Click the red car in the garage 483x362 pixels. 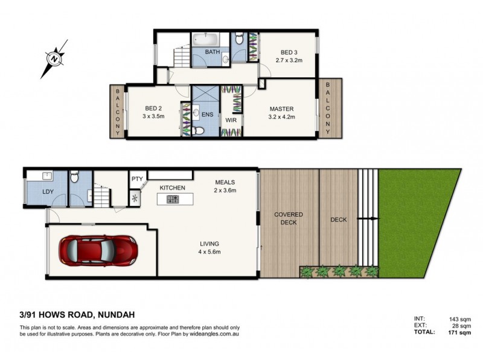click(x=98, y=249)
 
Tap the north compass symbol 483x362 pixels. click(x=55, y=59)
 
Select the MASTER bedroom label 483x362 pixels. click(x=281, y=108)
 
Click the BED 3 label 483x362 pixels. click(x=287, y=52)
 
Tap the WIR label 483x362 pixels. click(x=230, y=120)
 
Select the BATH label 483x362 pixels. click(x=212, y=52)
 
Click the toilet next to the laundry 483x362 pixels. click(x=74, y=177)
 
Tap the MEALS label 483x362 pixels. click(x=224, y=182)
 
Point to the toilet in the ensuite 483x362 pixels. click(x=197, y=130)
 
